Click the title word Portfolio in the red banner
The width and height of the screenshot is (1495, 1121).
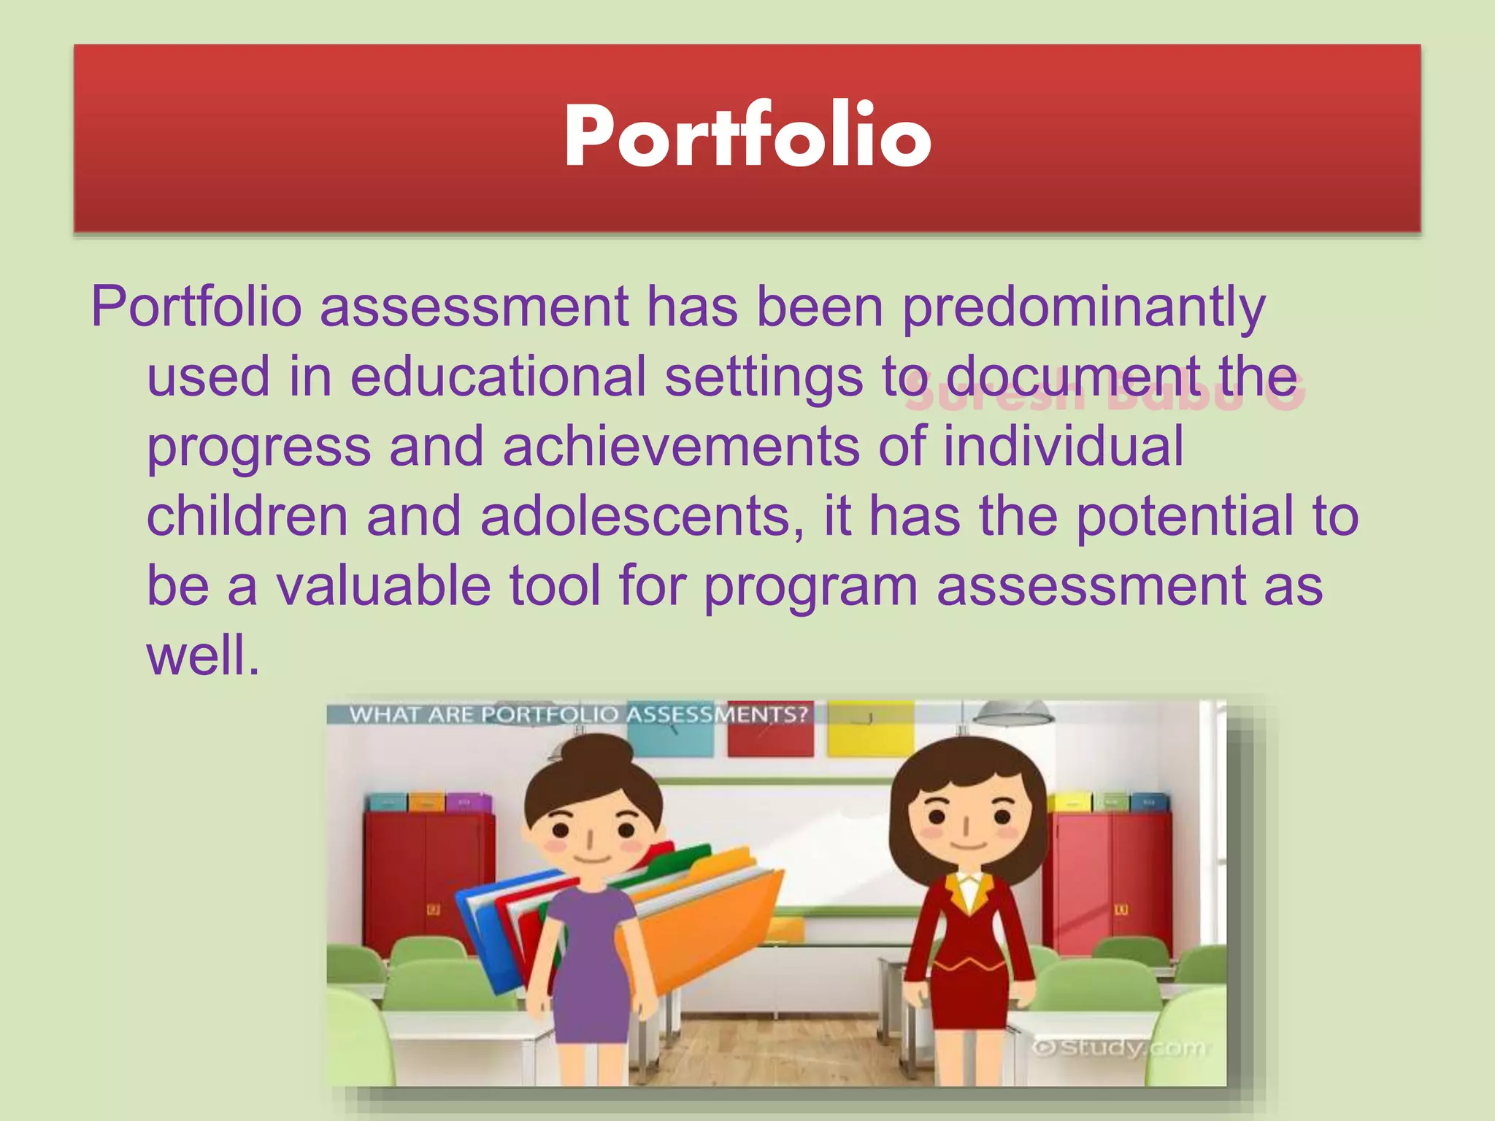(747, 137)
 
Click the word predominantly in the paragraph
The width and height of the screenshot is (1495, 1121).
(1083, 308)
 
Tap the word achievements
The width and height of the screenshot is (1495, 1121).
(680, 447)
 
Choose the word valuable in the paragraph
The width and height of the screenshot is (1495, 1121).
(383, 586)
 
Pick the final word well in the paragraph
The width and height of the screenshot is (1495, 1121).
(203, 655)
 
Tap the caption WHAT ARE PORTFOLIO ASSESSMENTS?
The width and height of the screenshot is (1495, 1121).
(578, 714)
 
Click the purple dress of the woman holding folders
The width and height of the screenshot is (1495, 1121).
(593, 963)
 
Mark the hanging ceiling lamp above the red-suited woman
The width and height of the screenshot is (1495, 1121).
(1012, 713)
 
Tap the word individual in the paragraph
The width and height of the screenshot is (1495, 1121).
(1063, 447)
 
